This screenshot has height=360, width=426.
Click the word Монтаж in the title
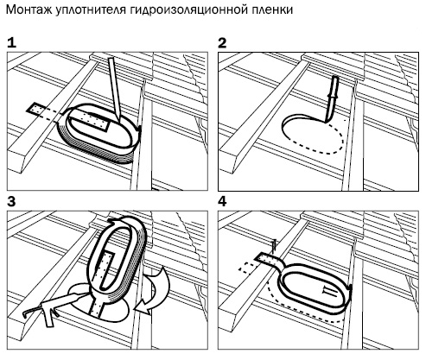(x=29, y=9)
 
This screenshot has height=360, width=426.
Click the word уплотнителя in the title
(x=90, y=10)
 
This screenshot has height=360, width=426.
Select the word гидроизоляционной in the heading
(x=186, y=10)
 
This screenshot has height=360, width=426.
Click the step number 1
(x=11, y=43)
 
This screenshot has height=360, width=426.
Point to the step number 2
(x=222, y=43)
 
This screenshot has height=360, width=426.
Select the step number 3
(x=11, y=202)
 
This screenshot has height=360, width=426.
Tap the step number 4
(x=222, y=202)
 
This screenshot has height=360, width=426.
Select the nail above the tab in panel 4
(x=274, y=247)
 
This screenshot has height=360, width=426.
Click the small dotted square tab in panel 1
(x=35, y=110)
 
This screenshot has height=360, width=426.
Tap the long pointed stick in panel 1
(x=114, y=89)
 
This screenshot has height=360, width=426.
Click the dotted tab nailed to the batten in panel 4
(x=268, y=260)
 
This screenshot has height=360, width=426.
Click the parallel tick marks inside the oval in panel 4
(x=330, y=292)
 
